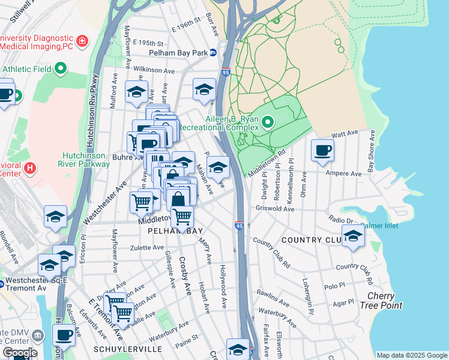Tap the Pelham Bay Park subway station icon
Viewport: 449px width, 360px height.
pos(213,53)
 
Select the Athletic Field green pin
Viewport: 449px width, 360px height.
pos(61,69)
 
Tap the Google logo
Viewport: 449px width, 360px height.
pos(20,353)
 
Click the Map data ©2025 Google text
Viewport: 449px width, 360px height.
pos(411,355)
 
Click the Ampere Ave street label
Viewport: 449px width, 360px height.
pos(343,174)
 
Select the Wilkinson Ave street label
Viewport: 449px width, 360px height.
pos(154,70)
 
